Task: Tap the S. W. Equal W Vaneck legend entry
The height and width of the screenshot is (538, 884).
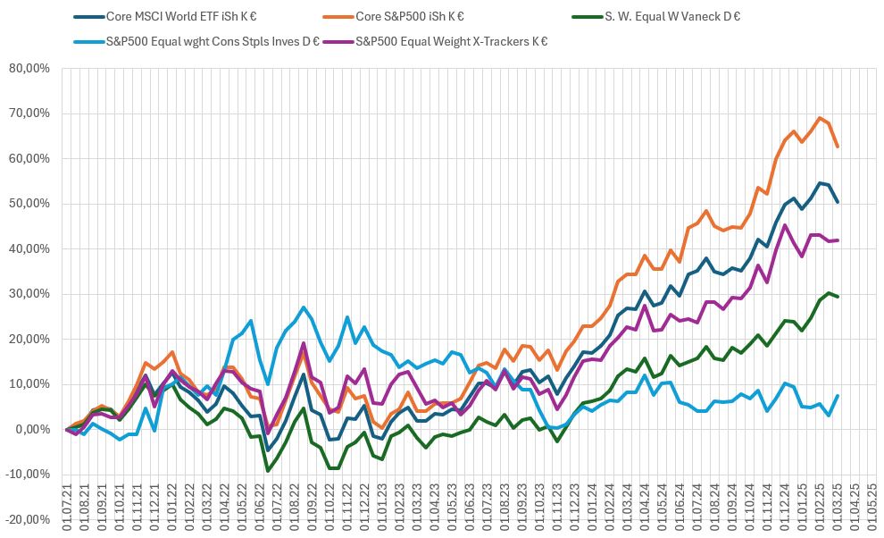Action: click(657, 16)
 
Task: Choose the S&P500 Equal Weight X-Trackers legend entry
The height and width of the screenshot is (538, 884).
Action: click(451, 41)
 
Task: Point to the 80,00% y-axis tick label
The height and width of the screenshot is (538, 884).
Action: click(29, 68)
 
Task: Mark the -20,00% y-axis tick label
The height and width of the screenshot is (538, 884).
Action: click(28, 520)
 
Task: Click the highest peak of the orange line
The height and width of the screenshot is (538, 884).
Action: click(819, 118)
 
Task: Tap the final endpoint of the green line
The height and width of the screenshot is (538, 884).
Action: click(837, 297)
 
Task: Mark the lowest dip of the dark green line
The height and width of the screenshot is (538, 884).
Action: click(268, 470)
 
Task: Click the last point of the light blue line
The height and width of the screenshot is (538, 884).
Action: click(837, 396)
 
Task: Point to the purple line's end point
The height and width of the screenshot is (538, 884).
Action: click(837, 240)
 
